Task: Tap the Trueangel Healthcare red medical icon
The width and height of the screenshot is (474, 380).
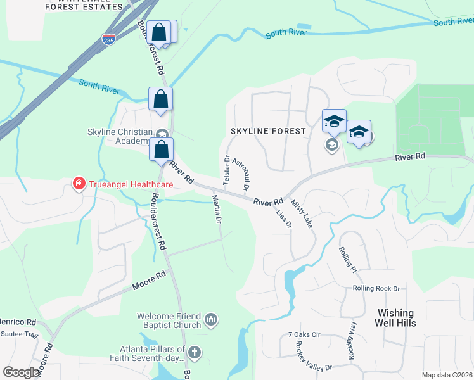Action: [x=79, y=184]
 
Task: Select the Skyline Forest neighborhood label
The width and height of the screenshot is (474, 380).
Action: [x=268, y=131]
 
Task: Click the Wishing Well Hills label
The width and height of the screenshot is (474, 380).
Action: [x=396, y=318]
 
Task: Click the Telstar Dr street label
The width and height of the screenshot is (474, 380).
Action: [x=226, y=170]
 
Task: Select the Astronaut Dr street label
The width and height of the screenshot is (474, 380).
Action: [x=241, y=174]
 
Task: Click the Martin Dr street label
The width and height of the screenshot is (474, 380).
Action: [x=217, y=210]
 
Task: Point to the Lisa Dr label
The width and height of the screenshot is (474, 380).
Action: [x=283, y=217]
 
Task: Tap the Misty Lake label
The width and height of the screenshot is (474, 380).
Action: [x=302, y=213]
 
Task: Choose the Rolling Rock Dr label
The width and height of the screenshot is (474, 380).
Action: [x=376, y=289]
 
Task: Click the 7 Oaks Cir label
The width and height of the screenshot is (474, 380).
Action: [x=305, y=334]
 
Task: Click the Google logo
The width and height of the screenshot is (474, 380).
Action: [x=22, y=372]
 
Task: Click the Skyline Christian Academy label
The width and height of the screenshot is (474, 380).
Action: [x=117, y=136]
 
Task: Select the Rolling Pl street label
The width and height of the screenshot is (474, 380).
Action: [x=349, y=260]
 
